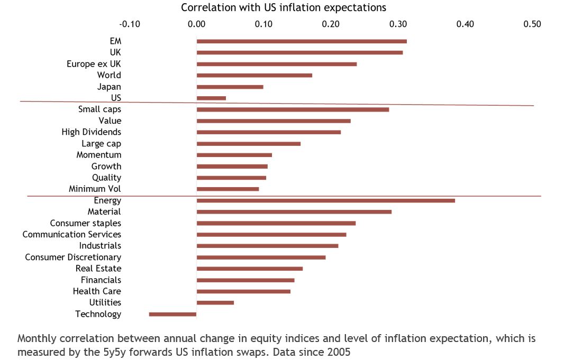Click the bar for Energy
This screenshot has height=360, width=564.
325,200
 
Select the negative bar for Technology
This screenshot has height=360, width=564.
172,314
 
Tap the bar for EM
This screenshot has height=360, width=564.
302,41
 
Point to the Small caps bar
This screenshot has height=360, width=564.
293,109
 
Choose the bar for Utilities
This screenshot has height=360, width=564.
215,302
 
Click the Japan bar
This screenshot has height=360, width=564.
230,87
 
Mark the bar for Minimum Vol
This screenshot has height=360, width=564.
228,189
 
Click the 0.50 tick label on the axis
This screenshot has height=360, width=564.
532,24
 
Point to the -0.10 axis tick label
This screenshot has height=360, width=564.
130,24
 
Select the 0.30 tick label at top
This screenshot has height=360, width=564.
398,24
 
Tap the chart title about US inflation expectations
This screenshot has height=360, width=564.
284,7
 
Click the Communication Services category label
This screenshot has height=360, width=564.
71,234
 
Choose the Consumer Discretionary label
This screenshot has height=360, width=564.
73,257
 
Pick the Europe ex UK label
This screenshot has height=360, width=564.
94,64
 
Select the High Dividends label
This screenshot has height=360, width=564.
91,132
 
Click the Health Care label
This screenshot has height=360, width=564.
97,291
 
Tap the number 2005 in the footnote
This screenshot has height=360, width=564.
339,352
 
